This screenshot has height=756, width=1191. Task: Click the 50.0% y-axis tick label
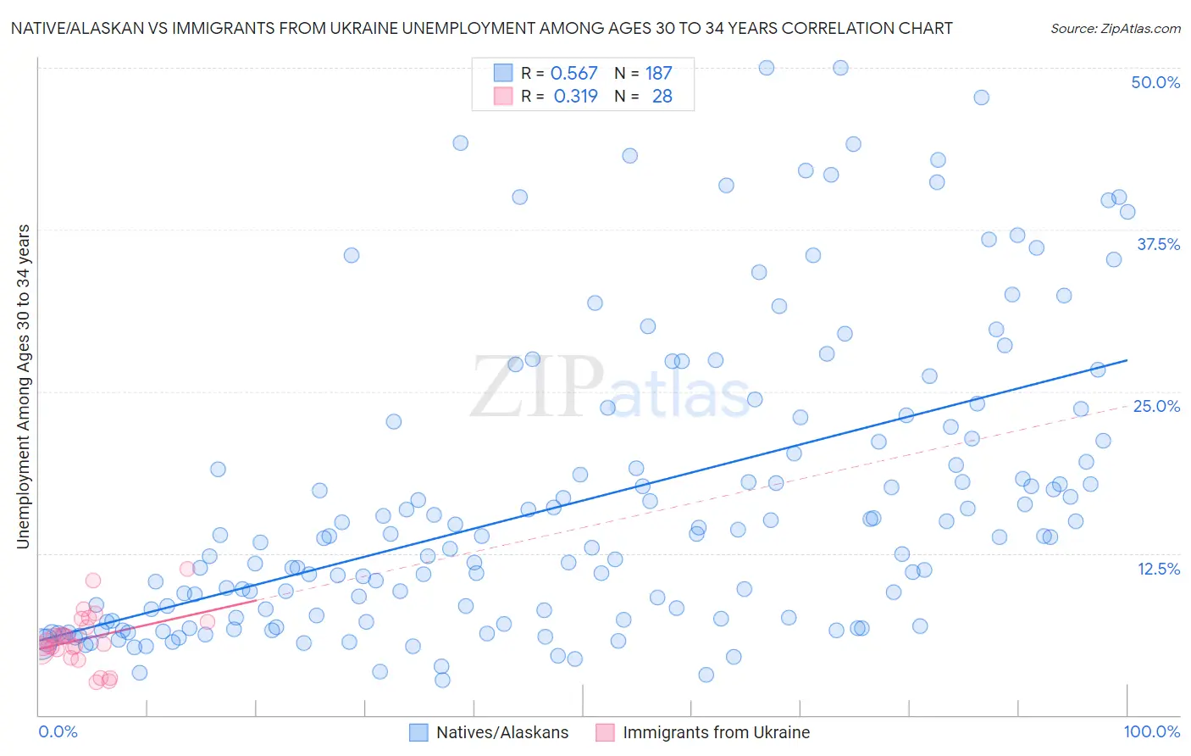coord(1155,82)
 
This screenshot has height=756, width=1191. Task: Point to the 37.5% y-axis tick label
coord(1157,244)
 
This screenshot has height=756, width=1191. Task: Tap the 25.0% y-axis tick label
coord(1155,406)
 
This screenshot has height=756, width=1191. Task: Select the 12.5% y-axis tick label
coord(1158,569)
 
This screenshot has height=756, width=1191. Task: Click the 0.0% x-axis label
coord(58,731)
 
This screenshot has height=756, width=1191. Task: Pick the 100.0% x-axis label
coord(1151,731)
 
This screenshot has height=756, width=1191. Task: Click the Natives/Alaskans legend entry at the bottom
coord(501,732)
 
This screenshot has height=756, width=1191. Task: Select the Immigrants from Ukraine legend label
coord(716,732)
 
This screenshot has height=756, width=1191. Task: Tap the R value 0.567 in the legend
coord(573,74)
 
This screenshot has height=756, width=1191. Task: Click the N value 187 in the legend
coord(658,74)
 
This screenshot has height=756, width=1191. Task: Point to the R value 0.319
coord(575,97)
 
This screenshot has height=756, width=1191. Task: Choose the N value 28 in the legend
coord(662,97)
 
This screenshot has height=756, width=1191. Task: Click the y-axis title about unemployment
coord(23,386)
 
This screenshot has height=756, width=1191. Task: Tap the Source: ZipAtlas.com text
coord(1115,29)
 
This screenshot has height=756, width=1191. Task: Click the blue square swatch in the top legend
coord(503,73)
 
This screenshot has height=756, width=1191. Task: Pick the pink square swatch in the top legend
coord(503,96)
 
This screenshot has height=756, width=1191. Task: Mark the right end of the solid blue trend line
coord(1127,360)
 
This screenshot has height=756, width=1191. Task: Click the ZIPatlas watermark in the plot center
coord(609,389)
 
